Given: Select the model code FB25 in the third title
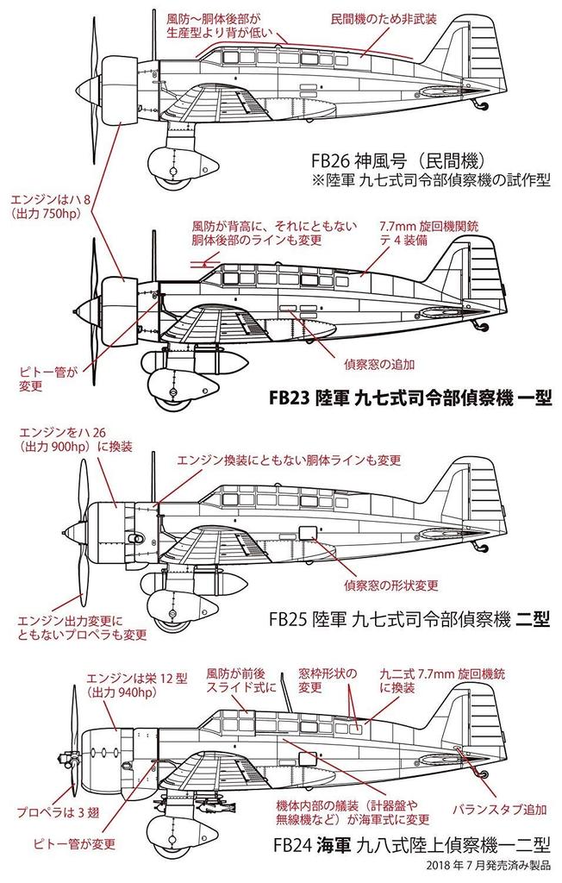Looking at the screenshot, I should point(290,622).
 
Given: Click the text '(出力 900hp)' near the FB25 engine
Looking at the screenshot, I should point(52,448).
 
